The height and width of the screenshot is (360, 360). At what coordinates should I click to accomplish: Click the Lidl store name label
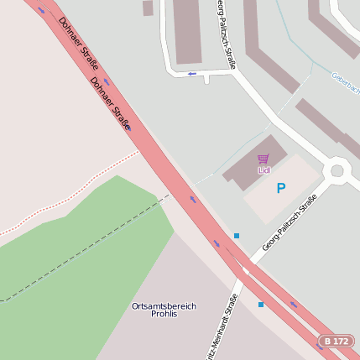[263, 170]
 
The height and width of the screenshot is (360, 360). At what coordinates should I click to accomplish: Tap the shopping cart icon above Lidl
[263, 159]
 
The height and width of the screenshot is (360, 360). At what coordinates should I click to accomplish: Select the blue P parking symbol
[281, 189]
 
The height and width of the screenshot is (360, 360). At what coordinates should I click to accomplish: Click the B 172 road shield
[336, 342]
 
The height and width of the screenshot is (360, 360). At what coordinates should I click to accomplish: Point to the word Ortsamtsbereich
[164, 306]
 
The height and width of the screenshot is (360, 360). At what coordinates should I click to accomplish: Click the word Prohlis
[164, 316]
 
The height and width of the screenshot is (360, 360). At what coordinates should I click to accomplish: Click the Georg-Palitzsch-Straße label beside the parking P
[289, 222]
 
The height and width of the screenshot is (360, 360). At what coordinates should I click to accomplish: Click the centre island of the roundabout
[337, 170]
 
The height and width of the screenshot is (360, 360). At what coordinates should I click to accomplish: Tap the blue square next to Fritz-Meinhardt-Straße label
[260, 305]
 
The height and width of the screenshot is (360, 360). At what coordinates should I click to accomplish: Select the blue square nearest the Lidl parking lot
[237, 236]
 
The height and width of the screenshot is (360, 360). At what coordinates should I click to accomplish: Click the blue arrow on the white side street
[191, 74]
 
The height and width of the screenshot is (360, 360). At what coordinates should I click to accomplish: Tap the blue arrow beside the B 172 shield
[293, 304]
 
